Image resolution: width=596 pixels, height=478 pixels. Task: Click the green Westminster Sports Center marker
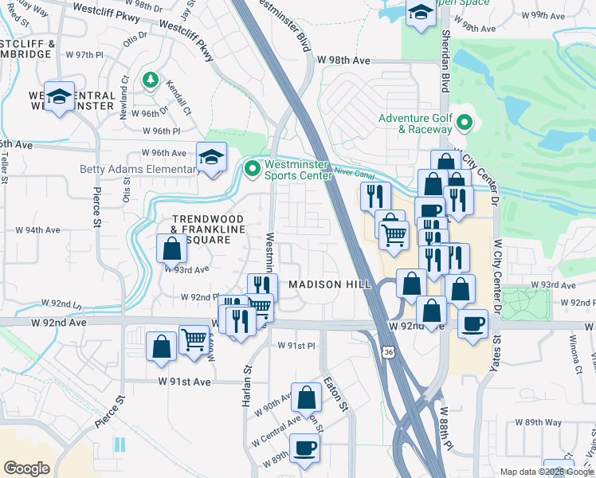click(253, 168)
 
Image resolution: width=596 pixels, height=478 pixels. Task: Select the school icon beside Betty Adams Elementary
click(211, 157)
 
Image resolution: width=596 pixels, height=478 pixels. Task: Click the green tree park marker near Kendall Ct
click(150, 80)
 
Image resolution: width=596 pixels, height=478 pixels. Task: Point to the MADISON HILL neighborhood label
click(325, 284)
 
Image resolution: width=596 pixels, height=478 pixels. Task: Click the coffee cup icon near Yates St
click(473, 323)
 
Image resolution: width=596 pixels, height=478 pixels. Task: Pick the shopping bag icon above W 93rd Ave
click(172, 249)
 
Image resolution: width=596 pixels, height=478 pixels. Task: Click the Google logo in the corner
click(26, 468)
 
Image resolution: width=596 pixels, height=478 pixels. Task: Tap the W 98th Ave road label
click(344, 61)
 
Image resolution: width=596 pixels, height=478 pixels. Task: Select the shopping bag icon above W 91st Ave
click(161, 347)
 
